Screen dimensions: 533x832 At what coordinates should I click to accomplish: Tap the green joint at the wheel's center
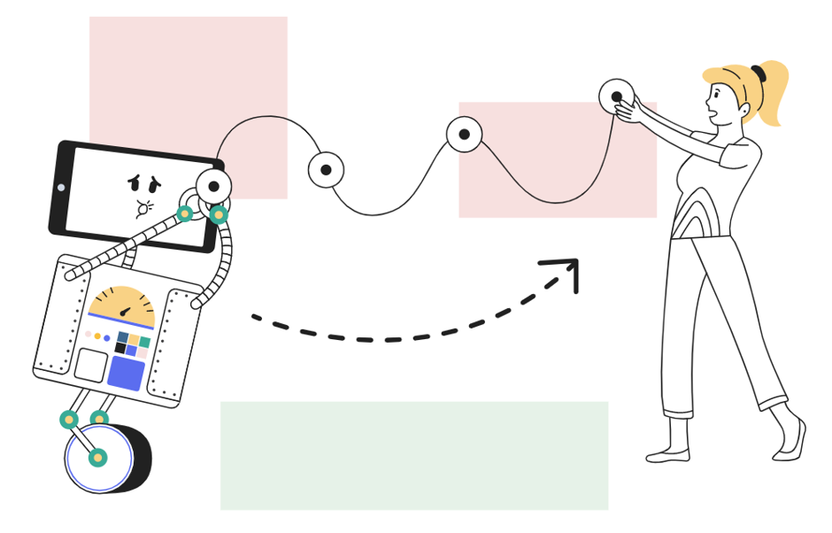(97, 458)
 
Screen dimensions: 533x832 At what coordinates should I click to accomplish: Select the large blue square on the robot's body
(126, 373)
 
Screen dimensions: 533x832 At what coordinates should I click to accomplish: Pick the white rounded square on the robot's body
(90, 365)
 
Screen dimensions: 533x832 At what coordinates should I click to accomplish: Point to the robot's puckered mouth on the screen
(142, 209)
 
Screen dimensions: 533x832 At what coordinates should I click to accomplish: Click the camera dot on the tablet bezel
(61, 188)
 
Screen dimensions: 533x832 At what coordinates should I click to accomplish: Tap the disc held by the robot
(213, 186)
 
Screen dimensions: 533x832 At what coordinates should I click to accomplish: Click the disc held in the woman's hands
(616, 97)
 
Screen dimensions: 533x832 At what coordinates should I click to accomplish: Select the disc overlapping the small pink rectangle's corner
(464, 135)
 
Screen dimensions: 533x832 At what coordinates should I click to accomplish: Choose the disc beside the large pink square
(326, 170)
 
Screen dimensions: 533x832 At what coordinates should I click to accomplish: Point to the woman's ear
(743, 110)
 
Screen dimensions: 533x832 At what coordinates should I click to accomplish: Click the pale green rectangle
(413, 455)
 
